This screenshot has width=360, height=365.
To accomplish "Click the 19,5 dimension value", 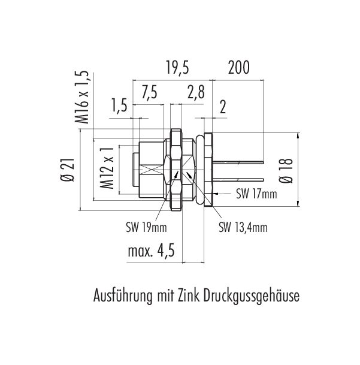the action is pyautogui.click(x=177, y=68).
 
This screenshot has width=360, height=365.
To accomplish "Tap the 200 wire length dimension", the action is pyautogui.click(x=239, y=68).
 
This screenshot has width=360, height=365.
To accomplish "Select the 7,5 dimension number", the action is pyautogui.click(x=149, y=92).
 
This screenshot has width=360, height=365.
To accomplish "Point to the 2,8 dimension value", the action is pyautogui.click(x=196, y=92).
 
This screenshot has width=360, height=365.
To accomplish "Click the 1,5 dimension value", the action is pyautogui.click(x=119, y=105).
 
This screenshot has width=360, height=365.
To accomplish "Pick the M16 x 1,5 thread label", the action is pyautogui.click(x=82, y=97).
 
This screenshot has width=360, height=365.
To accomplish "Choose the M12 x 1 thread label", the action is pyautogui.click(x=107, y=168).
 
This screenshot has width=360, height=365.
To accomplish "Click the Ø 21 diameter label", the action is pyautogui.click(x=68, y=170).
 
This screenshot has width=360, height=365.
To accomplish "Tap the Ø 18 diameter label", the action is pyautogui.click(x=286, y=171).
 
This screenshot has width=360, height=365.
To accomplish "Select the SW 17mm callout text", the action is pyautogui.click(x=257, y=194).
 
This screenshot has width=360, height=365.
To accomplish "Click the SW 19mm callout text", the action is pyautogui.click(x=147, y=227).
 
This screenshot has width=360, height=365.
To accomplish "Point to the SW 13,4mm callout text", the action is pyautogui.click(x=243, y=227).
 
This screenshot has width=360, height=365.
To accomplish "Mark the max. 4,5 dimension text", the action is pyautogui.click(x=152, y=251).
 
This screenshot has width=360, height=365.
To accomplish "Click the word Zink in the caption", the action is pyautogui.click(x=188, y=295).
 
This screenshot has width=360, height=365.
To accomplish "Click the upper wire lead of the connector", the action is pyautogui.click(x=238, y=162).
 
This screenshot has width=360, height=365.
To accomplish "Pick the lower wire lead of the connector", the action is pyautogui.click(x=238, y=180).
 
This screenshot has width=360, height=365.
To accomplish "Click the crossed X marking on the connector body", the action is pyautogui.click(x=152, y=170).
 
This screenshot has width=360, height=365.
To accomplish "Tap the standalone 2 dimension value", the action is pyautogui.click(x=223, y=107).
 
